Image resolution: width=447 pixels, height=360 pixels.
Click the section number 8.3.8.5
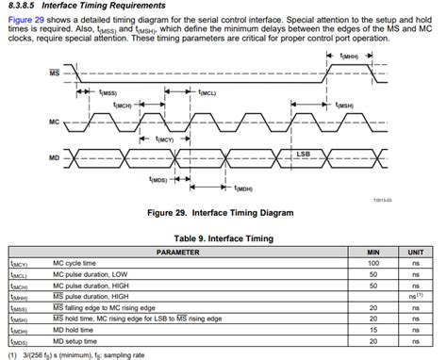tap(22, 6)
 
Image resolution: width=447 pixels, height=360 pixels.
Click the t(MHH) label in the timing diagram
tap(348, 57)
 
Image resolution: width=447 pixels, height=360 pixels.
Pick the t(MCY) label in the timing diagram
tap(164, 139)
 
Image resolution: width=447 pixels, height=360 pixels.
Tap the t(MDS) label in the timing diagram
tap(157, 179)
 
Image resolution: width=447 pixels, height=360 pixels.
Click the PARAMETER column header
tap(178, 253)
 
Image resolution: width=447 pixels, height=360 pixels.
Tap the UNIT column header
tap(415, 253)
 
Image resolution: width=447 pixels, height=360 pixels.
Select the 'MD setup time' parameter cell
tap(79, 340)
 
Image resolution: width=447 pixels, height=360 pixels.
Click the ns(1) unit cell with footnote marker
tap(415, 297)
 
